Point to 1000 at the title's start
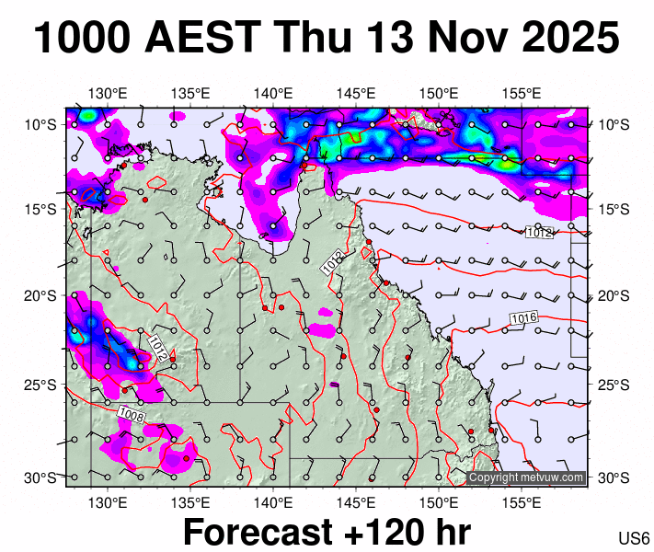(81, 39)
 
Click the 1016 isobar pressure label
(523, 318)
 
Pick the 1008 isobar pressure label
(132, 416)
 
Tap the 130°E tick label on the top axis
(108, 93)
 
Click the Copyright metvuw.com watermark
(526, 477)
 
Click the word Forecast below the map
(250, 533)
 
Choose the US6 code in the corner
(634, 538)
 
